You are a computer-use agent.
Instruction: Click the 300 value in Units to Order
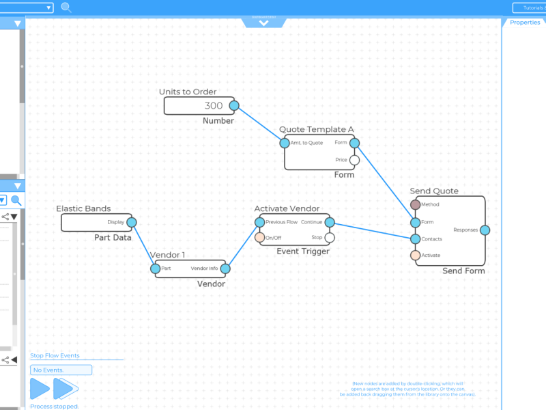pos(213,106)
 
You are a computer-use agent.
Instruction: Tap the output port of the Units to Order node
pos(234,105)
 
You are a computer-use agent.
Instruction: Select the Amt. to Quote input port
pos(285,143)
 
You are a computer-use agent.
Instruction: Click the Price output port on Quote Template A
pos(354,160)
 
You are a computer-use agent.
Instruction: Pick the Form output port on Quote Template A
pos(354,143)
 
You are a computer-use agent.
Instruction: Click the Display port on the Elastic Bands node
pos(132,222)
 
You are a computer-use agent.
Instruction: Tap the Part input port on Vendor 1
pos(155,269)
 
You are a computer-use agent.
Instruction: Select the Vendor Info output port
pos(225,269)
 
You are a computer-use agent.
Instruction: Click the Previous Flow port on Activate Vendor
pos(259,222)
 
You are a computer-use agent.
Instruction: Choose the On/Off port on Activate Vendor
pos(259,238)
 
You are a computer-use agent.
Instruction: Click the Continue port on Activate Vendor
pos(330,222)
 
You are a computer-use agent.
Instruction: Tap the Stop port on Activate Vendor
pos(330,238)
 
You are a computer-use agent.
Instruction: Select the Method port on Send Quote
pos(416,204)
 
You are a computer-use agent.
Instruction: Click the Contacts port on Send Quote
pos(416,238)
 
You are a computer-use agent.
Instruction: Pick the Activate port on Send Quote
pos(416,256)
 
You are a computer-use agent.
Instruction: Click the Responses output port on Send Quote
pos(485,230)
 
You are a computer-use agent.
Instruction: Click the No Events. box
pos(61,370)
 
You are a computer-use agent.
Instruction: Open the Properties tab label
pos(525,23)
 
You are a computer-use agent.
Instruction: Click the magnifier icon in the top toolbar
pos(66,8)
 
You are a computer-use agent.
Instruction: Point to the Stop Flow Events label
pos(55,355)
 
